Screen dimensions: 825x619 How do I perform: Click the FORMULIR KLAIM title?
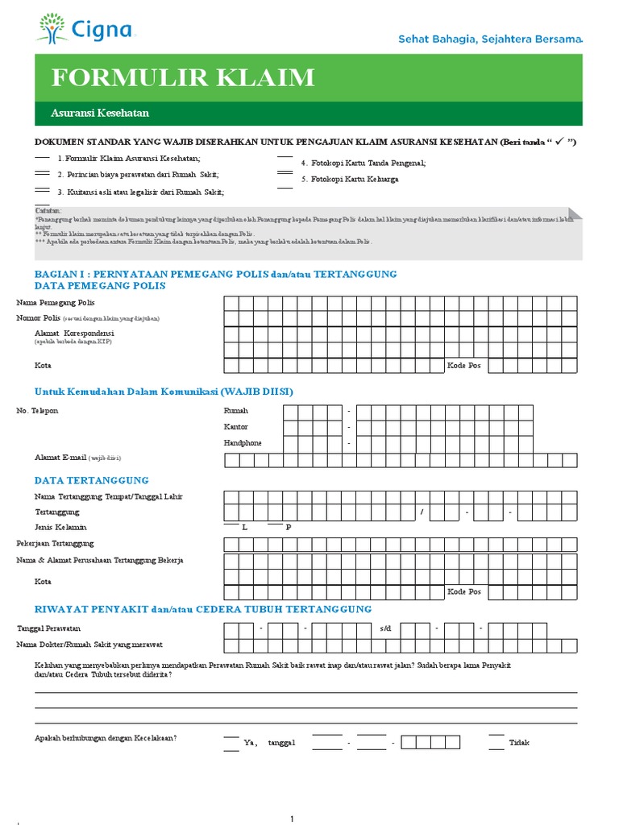pyautogui.click(x=183, y=78)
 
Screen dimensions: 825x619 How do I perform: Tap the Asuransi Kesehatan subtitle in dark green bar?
pyautogui.click(x=100, y=114)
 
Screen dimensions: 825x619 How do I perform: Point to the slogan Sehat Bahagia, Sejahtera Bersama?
pyautogui.click(x=490, y=39)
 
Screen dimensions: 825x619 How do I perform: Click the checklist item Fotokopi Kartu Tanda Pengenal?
pyautogui.click(x=363, y=163)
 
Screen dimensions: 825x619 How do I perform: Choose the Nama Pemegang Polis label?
pyautogui.click(x=56, y=302)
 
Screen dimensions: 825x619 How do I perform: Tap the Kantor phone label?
pyautogui.click(x=235, y=427)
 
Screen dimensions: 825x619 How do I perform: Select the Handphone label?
pyautogui.click(x=242, y=443)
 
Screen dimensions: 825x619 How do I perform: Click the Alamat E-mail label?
pyautogui.click(x=60, y=458)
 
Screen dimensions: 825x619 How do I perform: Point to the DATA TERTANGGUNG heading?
pyautogui.click(x=91, y=480)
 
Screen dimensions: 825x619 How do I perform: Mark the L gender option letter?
pyautogui.click(x=244, y=528)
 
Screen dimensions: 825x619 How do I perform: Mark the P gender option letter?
pyautogui.click(x=288, y=528)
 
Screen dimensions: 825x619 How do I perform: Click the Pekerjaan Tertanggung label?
pyautogui.click(x=55, y=544)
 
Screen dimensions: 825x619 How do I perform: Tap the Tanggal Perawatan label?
pyautogui.click(x=48, y=628)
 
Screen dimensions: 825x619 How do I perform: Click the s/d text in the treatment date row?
pyautogui.click(x=385, y=628)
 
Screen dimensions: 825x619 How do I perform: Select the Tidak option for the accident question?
pyautogui.click(x=519, y=743)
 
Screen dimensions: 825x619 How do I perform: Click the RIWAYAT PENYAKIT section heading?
pyautogui.click(x=203, y=609)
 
